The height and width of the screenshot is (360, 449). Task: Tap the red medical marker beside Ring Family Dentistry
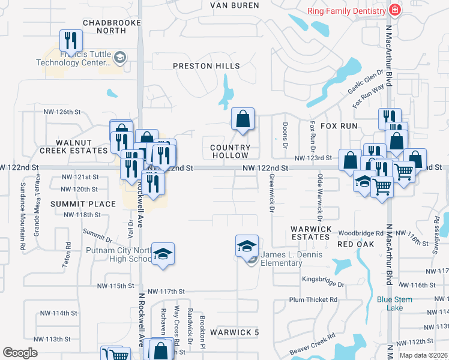(394, 10)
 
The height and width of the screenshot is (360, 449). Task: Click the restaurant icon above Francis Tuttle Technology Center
(71, 41)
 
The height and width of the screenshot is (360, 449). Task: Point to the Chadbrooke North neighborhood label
(112, 26)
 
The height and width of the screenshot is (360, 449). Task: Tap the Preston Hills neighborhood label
(206, 66)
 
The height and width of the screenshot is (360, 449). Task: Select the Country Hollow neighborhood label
(231, 151)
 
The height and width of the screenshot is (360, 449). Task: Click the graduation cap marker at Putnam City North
(162, 254)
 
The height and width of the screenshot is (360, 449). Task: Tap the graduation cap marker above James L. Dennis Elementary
(247, 246)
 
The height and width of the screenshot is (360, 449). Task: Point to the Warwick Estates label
(311, 233)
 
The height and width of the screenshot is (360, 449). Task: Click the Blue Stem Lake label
(394, 304)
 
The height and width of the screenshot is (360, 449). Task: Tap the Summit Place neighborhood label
(83, 204)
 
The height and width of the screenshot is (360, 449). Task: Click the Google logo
(20, 353)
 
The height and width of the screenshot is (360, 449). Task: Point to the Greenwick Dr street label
(271, 194)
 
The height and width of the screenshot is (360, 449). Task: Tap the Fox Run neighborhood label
(339, 126)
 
